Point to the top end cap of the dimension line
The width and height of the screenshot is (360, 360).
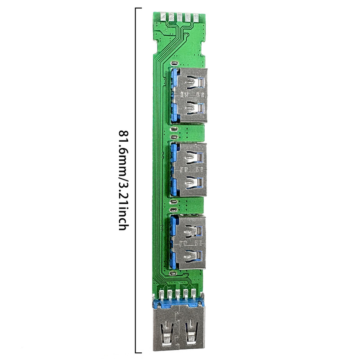[138, 8]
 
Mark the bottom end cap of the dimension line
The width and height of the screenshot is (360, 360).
[138, 353]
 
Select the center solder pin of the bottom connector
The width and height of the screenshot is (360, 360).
[179, 294]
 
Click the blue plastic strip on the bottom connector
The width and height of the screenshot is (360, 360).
[179, 304]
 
